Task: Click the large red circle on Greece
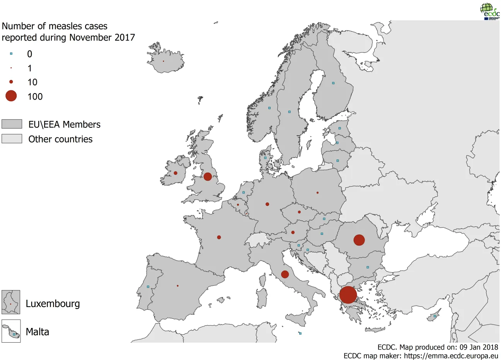tap(348, 295)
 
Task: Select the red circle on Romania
tap(359, 240)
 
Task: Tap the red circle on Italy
tap(285, 274)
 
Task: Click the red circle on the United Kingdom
tap(208, 177)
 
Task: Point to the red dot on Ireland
tap(176, 173)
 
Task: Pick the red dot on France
tap(219, 237)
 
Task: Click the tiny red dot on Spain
tap(177, 286)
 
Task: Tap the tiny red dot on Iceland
tap(163, 61)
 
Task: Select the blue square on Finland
tap(333, 83)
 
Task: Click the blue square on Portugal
tap(148, 287)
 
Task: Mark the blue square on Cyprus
tap(435, 316)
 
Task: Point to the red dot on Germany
tap(267, 204)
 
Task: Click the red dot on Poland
tap(317, 192)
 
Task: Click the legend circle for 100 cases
tap(11, 96)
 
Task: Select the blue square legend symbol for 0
tap(11, 54)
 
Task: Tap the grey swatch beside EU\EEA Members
tap(12, 124)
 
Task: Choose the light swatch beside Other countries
tap(12, 139)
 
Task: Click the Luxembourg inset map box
tap(11, 302)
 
